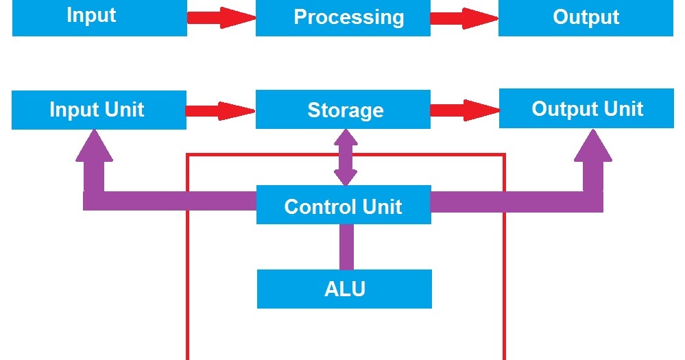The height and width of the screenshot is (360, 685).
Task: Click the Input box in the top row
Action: tap(99, 17)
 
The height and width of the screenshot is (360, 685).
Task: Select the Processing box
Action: tap(343, 18)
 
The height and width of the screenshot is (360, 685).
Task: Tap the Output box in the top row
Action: tap(586, 18)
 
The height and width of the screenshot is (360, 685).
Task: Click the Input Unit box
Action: tap(99, 110)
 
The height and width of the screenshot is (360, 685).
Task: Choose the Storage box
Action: tap(343, 110)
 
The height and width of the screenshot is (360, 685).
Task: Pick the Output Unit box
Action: tap(586, 108)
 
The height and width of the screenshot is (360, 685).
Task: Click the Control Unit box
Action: tap(343, 205)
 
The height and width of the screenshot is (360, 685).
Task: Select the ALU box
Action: tap(344, 289)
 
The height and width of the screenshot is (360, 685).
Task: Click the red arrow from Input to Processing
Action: tap(221, 18)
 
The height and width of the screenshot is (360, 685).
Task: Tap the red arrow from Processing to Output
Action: tap(464, 18)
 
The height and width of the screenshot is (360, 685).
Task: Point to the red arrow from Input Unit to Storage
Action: tap(220, 110)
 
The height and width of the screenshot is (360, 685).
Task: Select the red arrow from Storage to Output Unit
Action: tap(464, 110)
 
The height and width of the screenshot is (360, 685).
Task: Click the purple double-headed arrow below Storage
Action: tap(345, 157)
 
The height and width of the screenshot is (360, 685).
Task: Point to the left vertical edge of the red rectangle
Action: tap(188, 274)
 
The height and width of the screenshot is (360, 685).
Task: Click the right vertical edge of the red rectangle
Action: tap(505, 274)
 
